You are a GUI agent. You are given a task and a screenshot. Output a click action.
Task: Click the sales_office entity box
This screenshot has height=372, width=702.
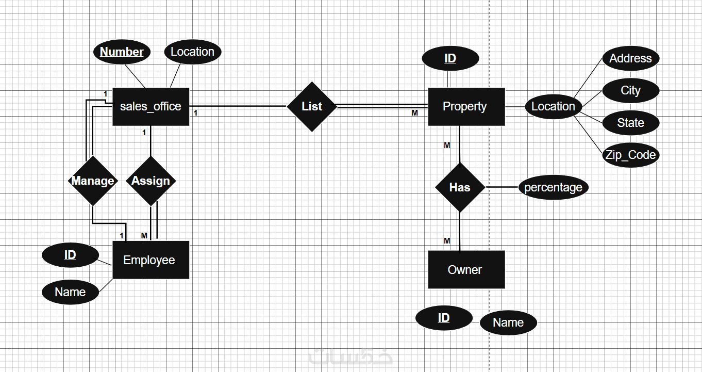(151, 107)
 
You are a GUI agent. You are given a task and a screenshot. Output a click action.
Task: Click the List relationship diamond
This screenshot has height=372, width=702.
(312, 107)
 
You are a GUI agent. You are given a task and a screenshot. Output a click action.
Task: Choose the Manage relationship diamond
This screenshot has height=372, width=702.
(93, 181)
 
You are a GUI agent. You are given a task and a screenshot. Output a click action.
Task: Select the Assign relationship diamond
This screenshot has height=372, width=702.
(151, 181)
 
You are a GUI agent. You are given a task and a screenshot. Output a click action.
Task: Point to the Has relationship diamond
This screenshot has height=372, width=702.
(460, 187)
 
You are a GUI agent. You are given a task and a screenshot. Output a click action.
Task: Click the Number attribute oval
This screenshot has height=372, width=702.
(122, 52)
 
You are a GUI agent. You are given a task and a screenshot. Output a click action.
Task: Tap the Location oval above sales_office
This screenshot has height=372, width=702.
(192, 52)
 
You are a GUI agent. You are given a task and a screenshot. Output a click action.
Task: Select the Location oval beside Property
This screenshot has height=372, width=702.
(553, 107)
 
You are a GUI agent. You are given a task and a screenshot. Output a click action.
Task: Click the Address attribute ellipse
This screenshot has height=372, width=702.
(630, 58)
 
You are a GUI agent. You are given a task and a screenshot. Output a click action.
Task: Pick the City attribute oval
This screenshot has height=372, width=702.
(630, 91)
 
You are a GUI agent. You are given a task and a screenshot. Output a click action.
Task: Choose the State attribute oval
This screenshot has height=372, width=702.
(630, 123)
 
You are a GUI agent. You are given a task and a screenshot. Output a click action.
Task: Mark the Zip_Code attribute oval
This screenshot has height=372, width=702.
(630, 155)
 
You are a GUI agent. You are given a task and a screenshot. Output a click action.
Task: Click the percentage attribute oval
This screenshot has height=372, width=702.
(553, 187)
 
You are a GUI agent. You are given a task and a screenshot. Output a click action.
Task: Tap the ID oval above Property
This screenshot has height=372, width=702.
(450, 58)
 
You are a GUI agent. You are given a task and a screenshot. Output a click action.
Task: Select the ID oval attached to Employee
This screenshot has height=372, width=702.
(70, 255)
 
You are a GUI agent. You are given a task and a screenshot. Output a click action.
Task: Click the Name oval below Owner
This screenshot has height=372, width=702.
(508, 323)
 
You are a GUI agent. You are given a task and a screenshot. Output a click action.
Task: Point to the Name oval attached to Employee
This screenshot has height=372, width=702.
(70, 292)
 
